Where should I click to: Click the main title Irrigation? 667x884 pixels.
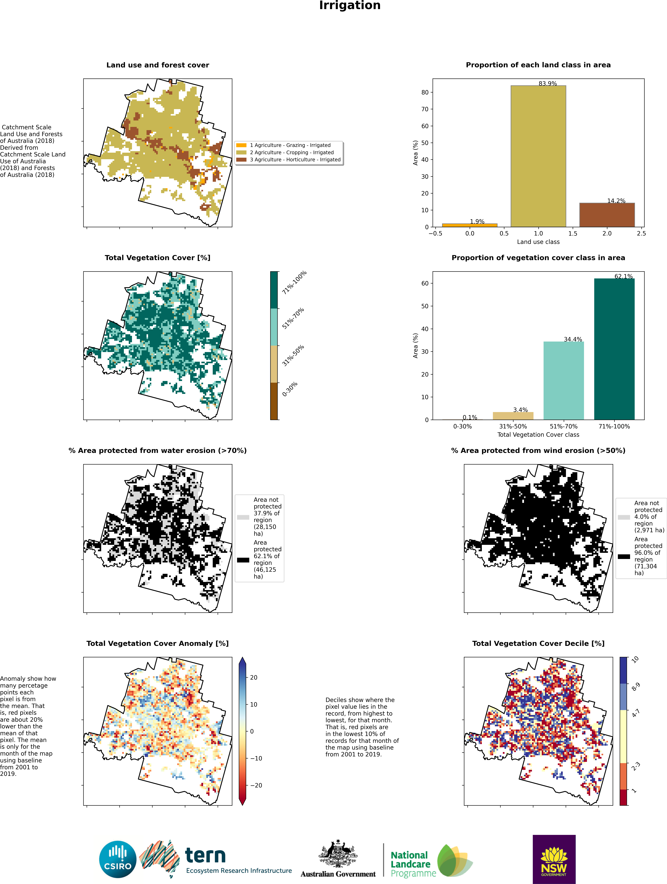[x=350, y=6]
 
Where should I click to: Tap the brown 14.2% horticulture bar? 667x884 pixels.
[x=607, y=215]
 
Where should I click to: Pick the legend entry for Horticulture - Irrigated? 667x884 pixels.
[x=295, y=160]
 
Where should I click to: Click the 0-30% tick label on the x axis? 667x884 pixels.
[x=462, y=426]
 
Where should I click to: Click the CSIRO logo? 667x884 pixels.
[x=118, y=859]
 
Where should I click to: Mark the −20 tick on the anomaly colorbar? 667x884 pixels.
[x=256, y=785]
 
